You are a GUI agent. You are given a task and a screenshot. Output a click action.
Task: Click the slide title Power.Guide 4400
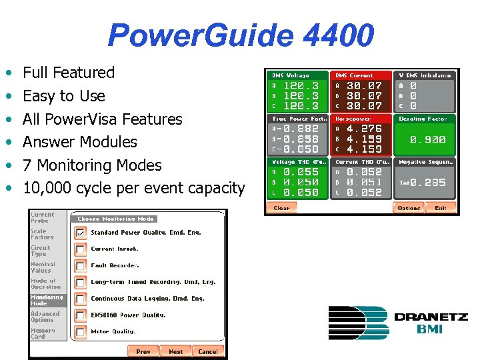click(240, 35)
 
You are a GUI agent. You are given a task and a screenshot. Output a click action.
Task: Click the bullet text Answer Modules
click(79, 142)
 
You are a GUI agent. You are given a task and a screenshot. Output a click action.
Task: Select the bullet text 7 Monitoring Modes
click(92, 165)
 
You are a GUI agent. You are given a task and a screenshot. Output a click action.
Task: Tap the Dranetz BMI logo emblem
click(358, 323)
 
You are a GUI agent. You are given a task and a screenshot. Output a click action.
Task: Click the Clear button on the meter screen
click(281, 208)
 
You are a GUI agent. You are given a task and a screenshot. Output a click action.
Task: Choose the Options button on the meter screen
click(409, 208)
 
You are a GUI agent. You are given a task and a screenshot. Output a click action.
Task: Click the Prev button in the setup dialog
click(143, 351)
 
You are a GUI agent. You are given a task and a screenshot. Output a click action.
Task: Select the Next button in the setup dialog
click(175, 351)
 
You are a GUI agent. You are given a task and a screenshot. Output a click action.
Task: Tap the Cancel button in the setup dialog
click(208, 351)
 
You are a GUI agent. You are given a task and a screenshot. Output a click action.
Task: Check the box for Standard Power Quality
click(80, 233)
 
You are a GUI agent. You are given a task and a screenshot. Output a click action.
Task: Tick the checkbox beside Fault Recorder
click(80, 265)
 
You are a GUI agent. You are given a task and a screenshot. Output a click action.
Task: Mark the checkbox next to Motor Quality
click(80, 331)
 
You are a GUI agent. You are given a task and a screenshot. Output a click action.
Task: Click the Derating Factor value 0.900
click(428, 140)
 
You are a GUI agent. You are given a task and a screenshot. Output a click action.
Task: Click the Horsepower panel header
click(355, 119)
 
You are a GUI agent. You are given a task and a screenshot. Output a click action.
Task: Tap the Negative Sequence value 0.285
click(428, 183)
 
